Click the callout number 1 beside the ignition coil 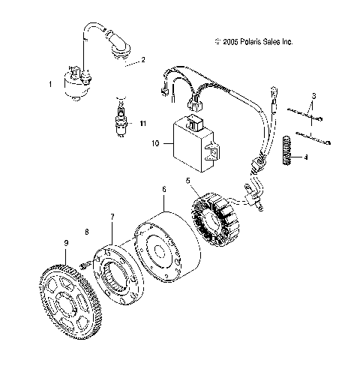coord(50,85)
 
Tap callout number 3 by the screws coord(313,96)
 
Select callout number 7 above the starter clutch coord(112,217)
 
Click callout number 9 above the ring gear coord(67,244)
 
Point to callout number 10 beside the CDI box coord(155,142)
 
